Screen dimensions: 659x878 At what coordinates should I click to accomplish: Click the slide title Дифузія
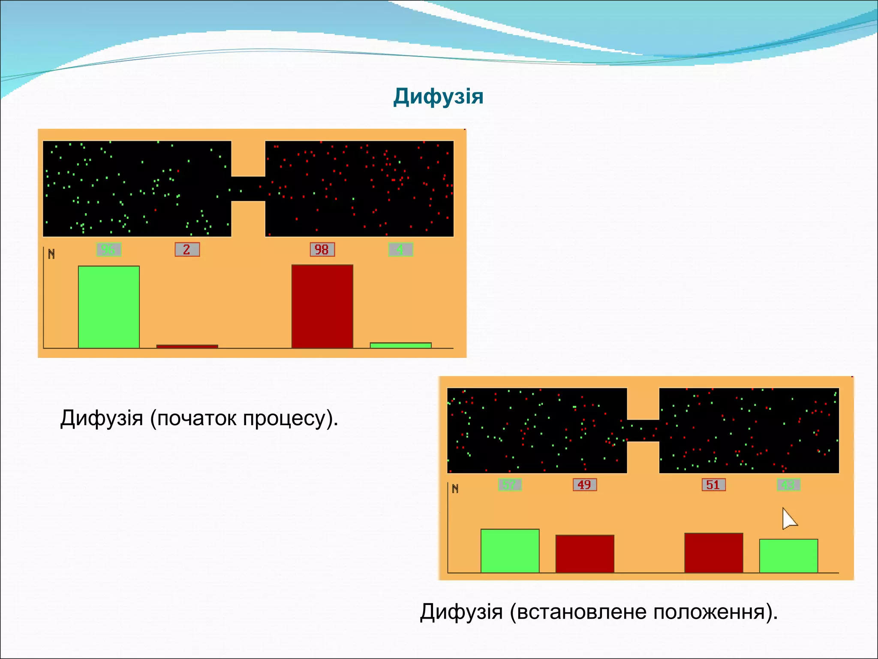coord(438,97)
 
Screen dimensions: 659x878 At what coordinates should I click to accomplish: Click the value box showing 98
coord(322,250)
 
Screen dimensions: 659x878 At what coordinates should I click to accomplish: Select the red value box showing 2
coord(187,250)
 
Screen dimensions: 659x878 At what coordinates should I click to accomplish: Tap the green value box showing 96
coord(109,250)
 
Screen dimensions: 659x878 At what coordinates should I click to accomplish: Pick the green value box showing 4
coord(400,250)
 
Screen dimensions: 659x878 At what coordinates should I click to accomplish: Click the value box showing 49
coord(584,485)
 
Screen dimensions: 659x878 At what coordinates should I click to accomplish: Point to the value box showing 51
coord(713,485)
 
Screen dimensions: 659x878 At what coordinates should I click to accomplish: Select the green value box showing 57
coord(510,485)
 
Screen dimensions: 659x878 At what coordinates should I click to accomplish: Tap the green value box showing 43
coord(788,485)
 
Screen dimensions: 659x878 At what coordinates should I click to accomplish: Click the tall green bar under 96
coord(109,307)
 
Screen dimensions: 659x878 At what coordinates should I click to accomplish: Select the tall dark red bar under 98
coord(322,306)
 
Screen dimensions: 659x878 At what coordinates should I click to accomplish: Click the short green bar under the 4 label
coord(400,345)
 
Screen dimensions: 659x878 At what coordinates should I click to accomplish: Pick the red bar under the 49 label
coord(585,553)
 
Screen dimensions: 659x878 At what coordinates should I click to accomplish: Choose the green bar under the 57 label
coord(510,551)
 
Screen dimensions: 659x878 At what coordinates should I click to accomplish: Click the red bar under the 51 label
coord(713,553)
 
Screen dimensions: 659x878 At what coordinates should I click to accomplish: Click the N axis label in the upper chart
coord(51,254)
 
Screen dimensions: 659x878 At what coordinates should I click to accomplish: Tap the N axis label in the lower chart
coord(455,489)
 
